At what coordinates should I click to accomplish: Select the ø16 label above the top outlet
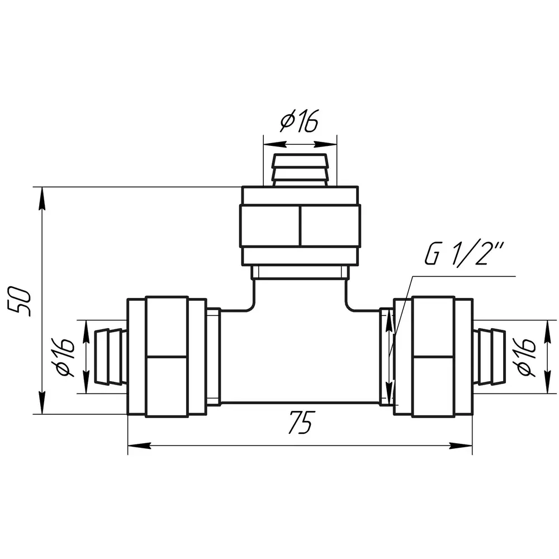click(x=299, y=121)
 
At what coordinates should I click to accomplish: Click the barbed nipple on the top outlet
click(x=300, y=170)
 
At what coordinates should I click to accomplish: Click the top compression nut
click(x=300, y=225)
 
